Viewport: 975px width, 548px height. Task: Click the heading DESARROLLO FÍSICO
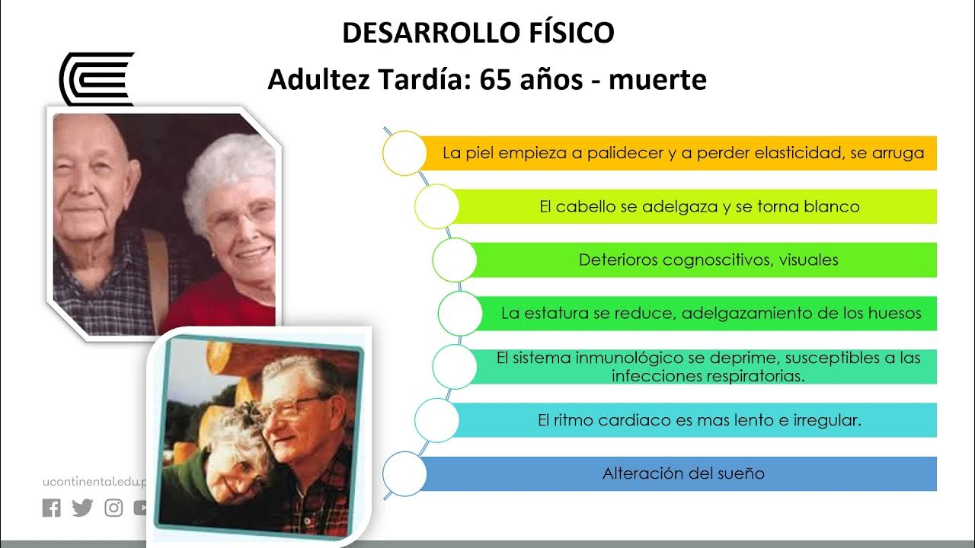478,33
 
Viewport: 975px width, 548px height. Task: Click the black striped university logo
97,78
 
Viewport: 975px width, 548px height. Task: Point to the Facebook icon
51,508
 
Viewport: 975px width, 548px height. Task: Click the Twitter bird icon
82,508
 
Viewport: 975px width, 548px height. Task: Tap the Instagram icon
113,508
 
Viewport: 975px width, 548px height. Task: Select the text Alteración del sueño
683,473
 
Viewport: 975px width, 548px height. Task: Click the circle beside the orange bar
404,153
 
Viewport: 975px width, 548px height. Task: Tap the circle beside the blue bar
404,473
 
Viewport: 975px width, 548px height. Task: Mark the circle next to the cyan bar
436,420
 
